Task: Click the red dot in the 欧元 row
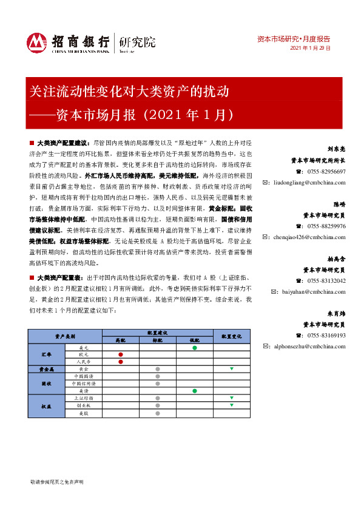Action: (x=121, y=354)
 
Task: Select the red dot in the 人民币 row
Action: (x=121, y=362)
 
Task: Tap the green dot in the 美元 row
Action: (x=194, y=348)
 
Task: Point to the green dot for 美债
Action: (x=194, y=391)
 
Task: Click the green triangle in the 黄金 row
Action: (x=231, y=369)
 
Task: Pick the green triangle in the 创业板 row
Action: (x=231, y=405)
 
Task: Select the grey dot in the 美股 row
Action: (x=158, y=413)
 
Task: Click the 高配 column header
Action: (x=121, y=340)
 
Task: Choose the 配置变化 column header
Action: (x=231, y=336)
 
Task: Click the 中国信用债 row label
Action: (x=83, y=384)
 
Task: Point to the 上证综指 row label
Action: (x=83, y=398)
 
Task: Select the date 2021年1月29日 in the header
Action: (x=311, y=48)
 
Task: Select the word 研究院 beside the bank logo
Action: (x=137, y=42)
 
